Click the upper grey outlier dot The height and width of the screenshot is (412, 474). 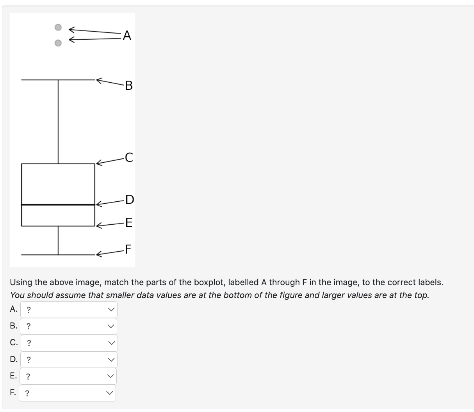pos(58,27)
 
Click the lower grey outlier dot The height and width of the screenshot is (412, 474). pos(58,43)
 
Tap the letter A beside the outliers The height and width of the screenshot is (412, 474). pos(127,36)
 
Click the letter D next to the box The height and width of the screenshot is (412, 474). pos(129,200)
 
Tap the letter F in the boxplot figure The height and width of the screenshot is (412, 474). pos(128,249)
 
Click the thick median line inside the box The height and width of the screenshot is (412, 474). pos(58,204)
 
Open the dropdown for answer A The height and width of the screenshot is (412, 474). pos(69,310)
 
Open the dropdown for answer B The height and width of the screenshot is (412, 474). pos(69,326)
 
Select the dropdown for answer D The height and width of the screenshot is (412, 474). pos(69,360)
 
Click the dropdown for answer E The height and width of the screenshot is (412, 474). pos(68,376)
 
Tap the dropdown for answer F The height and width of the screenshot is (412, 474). pos(68,393)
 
